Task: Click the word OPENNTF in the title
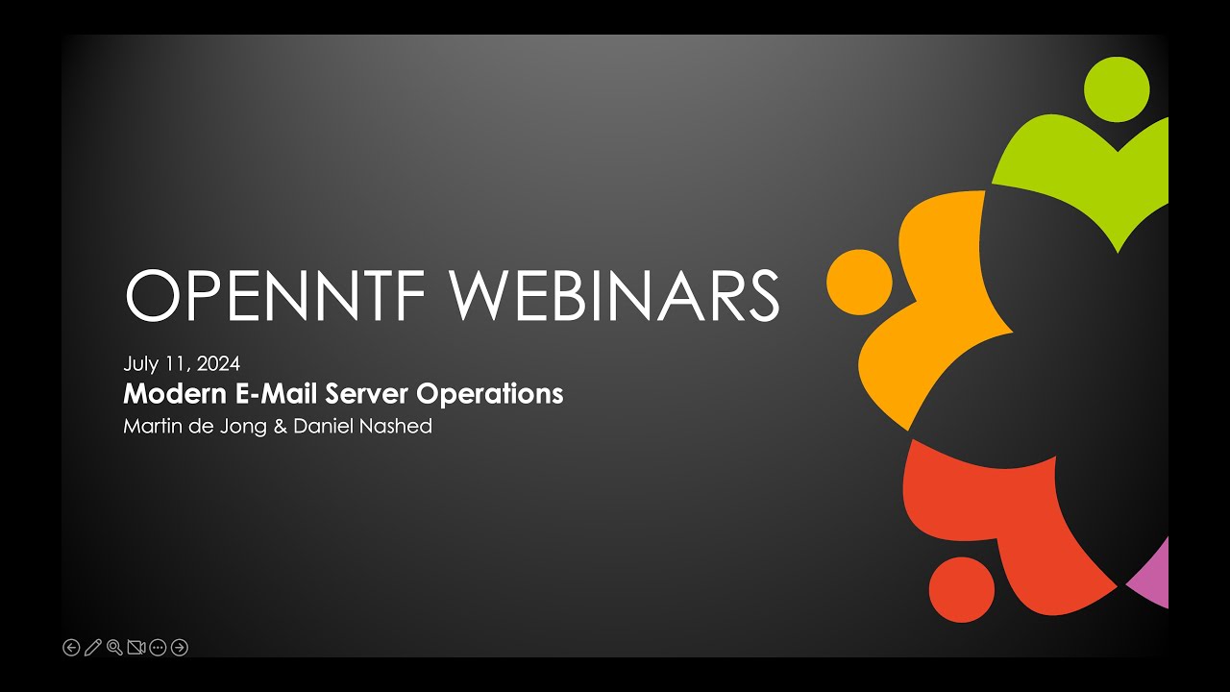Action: click(275, 294)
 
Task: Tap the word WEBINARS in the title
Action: click(614, 294)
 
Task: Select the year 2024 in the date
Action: click(218, 363)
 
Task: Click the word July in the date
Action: click(140, 364)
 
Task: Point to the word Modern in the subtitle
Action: click(175, 394)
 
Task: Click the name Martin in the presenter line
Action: click(153, 426)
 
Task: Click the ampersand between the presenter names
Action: click(280, 426)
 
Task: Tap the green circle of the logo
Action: click(1117, 89)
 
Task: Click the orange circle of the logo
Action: click(859, 283)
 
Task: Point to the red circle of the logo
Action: click(962, 590)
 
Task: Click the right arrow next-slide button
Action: click(180, 648)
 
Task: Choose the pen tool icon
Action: click(93, 648)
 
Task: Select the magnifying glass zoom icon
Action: click(114, 648)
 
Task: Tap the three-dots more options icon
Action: click(158, 648)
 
